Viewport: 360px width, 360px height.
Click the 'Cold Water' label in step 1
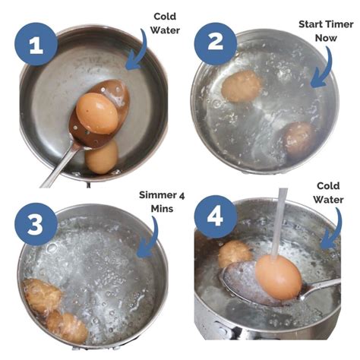pyautogui.click(x=165, y=22)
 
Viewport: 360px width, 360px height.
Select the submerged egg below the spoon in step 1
pyautogui.click(x=101, y=157)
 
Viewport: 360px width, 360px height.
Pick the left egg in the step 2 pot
pyautogui.click(x=241, y=87)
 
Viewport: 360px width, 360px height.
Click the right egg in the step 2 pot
pyautogui.click(x=300, y=139)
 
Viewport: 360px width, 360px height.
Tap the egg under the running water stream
pyautogui.click(x=277, y=276)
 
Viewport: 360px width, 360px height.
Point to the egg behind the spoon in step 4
pyautogui.click(x=234, y=254)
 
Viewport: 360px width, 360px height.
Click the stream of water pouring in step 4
pyautogui.click(x=279, y=220)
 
